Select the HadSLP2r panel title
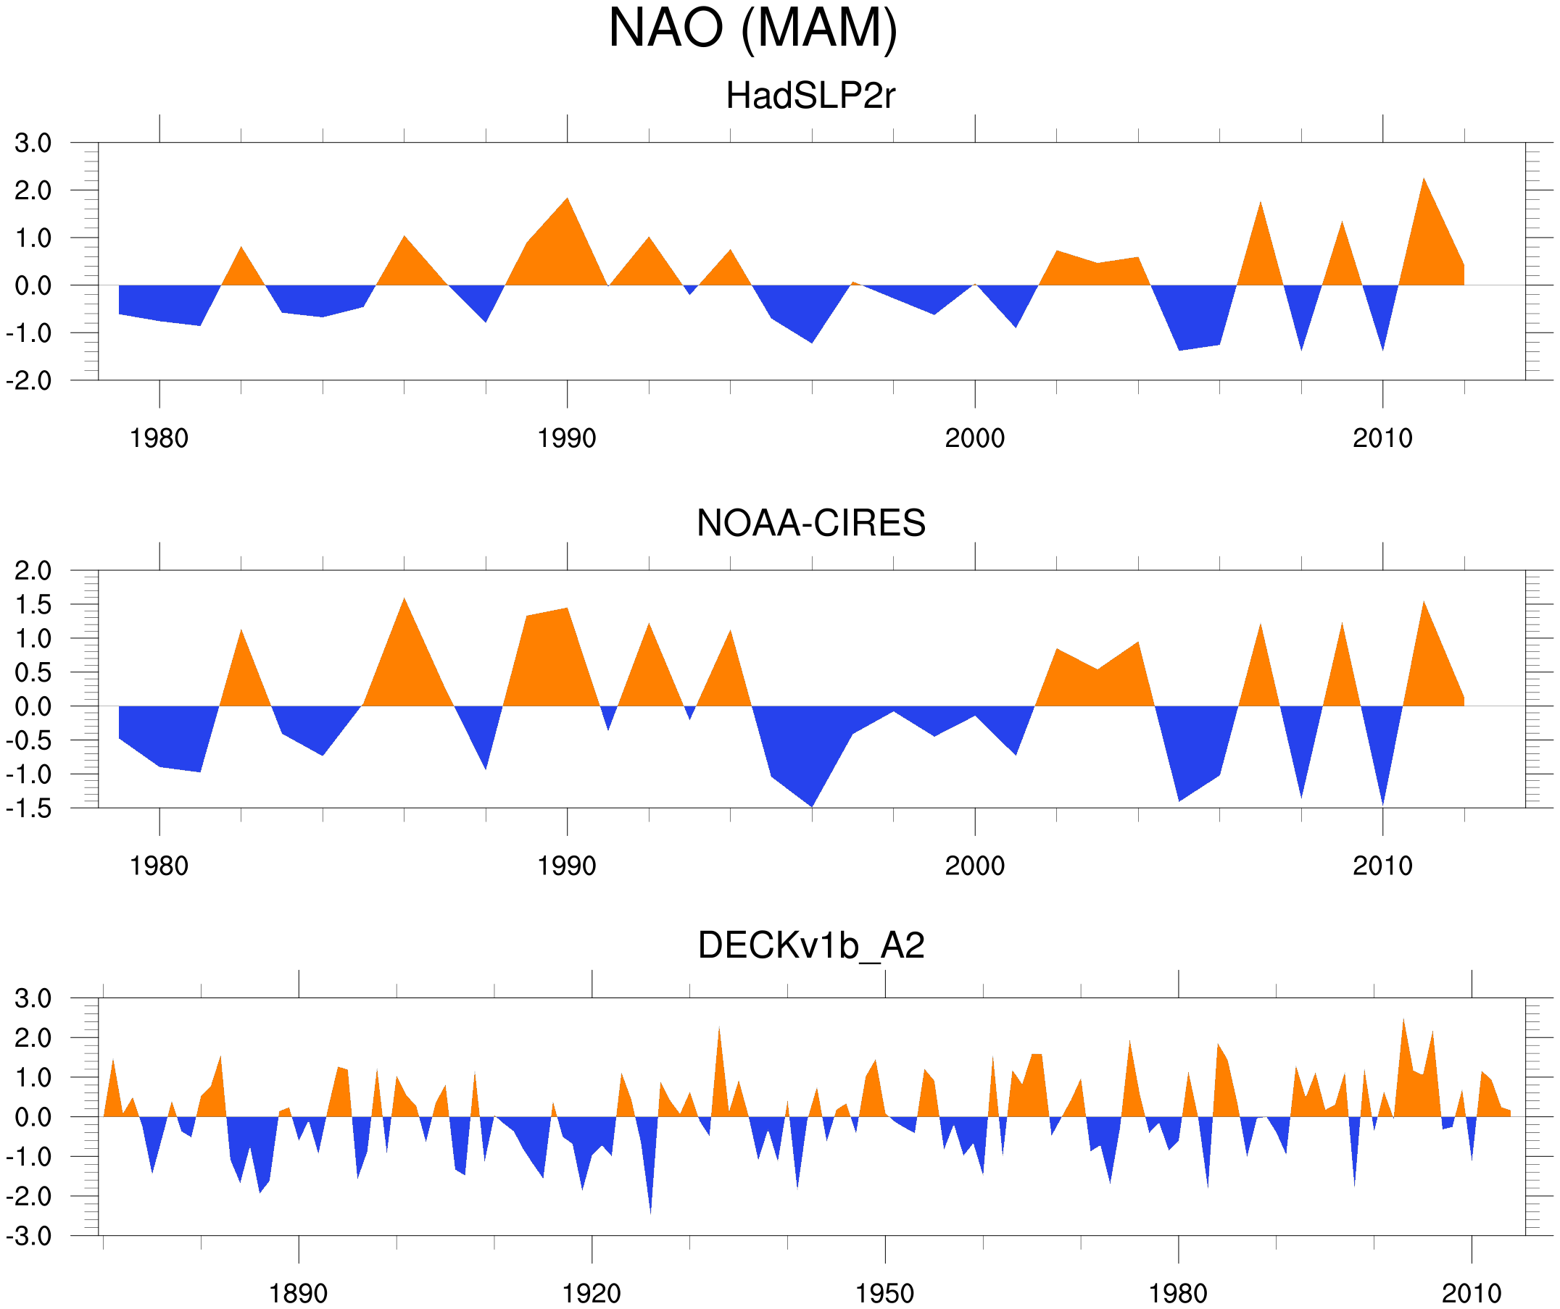810,96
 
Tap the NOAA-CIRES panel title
810,524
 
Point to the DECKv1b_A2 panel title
810,946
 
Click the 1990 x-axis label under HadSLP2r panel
567,439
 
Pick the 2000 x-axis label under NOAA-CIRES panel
974,866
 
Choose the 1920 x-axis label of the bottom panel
592,1293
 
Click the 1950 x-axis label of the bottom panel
884,1293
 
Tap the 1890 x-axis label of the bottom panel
298,1293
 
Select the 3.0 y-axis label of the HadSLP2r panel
33,143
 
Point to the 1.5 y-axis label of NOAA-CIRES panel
33,605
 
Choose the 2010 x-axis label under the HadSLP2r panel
1382,439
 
